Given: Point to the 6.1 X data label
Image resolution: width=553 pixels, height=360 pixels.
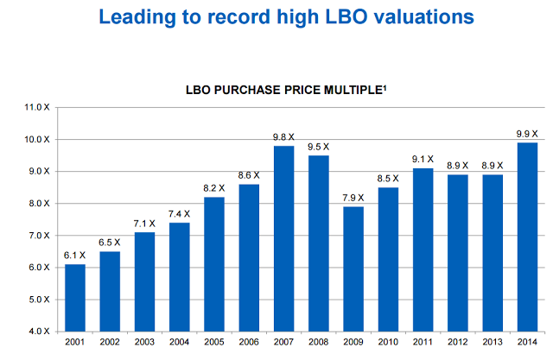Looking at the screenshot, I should pyautogui.click(x=76, y=255).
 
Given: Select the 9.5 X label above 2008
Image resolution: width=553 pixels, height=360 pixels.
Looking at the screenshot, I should pyautogui.click(x=320, y=146).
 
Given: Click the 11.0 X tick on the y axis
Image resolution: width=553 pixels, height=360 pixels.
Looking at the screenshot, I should pyautogui.click(x=38, y=107).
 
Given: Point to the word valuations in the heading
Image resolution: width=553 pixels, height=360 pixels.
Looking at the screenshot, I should pyautogui.click(x=405, y=16).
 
